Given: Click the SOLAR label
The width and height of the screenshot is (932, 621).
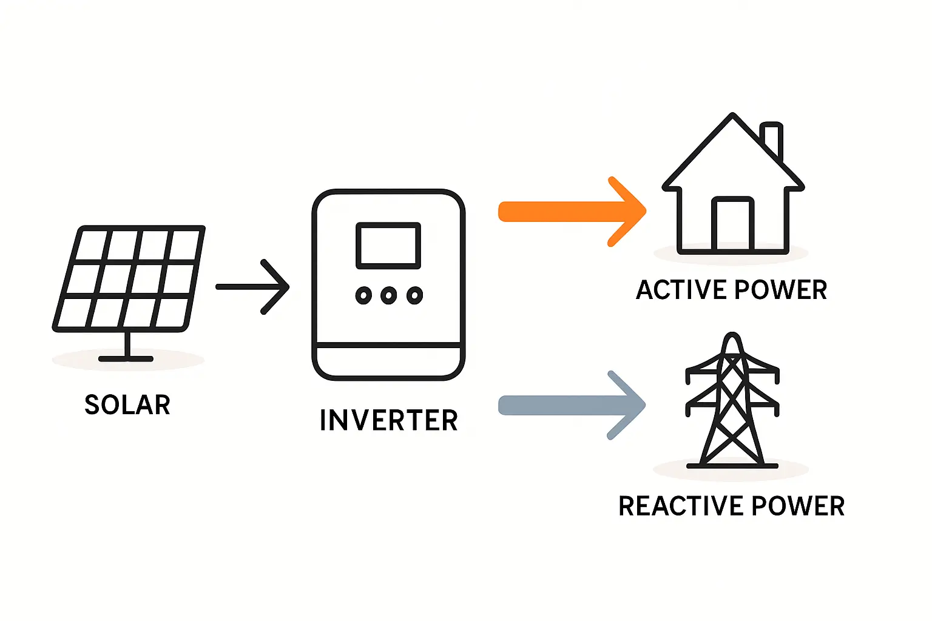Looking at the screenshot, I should (127, 405).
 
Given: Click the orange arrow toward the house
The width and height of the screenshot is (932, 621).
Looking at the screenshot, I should (570, 212).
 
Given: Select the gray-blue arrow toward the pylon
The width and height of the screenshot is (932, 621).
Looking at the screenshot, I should (570, 405).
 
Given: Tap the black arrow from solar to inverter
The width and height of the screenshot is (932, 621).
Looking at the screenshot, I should (252, 287).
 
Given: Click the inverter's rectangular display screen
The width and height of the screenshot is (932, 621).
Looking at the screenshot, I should (388, 245).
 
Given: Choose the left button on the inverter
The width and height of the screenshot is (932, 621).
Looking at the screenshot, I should (363, 296).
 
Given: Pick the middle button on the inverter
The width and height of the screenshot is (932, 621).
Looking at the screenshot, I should (388, 296).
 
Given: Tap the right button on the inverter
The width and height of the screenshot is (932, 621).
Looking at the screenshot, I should (414, 296).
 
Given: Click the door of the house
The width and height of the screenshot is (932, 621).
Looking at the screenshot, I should (733, 224).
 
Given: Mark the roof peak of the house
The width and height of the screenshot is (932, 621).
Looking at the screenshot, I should (733, 116).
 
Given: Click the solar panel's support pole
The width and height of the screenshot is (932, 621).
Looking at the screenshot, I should (127, 344).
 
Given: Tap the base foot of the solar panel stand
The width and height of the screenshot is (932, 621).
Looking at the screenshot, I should (126, 359).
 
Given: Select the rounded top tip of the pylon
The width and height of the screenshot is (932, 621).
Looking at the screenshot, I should (732, 337).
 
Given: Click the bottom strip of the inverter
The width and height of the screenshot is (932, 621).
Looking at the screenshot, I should (388, 361).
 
